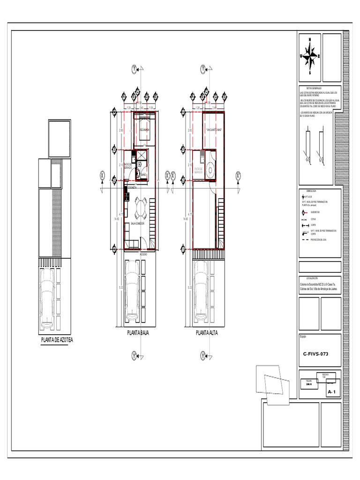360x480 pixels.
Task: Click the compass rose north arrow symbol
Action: pos(309,55)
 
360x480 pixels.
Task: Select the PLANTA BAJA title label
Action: pos(138,333)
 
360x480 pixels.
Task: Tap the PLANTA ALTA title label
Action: pos(207,333)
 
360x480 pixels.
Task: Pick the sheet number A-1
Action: pos(332,391)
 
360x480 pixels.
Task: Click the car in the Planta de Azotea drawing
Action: pos(48,296)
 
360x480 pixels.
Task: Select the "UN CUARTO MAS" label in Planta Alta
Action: pos(213,130)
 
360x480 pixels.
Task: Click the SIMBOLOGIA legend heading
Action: pos(311,191)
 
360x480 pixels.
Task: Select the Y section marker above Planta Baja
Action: pos(134,69)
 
